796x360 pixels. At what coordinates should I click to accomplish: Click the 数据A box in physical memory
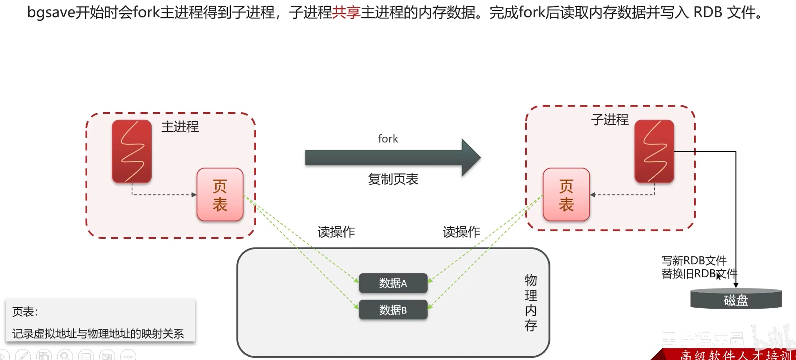point(393,283)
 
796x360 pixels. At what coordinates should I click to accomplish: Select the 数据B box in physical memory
point(393,310)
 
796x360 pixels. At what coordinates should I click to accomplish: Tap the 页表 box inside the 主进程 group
point(220,195)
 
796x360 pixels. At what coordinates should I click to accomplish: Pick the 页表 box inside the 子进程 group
point(566,195)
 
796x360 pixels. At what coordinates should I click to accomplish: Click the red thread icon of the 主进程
point(132,151)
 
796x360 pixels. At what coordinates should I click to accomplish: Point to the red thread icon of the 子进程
point(654,151)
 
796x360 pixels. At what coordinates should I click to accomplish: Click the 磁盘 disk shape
point(736,300)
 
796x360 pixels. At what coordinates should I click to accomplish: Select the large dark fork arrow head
point(470,157)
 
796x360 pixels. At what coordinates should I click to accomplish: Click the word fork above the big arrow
point(388,139)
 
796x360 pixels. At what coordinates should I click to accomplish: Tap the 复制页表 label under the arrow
point(393,179)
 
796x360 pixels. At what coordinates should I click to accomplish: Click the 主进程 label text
point(180,127)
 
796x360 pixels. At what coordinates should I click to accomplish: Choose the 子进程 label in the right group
point(610,120)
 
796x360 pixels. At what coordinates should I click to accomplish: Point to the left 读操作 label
point(336,232)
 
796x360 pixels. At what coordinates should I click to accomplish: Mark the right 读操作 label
point(461,232)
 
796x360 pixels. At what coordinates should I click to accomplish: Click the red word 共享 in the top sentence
point(346,12)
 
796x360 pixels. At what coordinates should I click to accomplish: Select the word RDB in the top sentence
point(708,12)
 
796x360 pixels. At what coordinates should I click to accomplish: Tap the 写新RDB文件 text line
point(694,261)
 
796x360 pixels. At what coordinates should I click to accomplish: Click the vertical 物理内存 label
point(531,302)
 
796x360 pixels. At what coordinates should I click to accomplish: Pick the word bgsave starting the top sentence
point(51,12)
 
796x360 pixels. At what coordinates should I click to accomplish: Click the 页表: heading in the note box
point(25,312)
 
